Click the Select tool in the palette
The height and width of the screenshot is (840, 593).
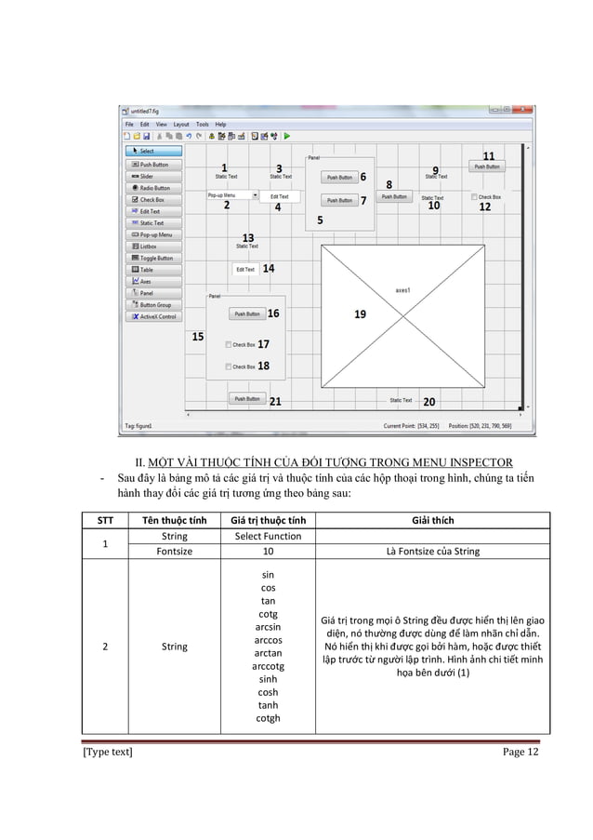click(153, 151)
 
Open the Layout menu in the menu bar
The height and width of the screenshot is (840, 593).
click(181, 124)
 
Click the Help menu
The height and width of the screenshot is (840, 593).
click(221, 124)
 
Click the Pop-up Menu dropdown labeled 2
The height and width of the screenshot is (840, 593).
click(232, 195)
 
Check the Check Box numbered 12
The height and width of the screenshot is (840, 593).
click(474, 197)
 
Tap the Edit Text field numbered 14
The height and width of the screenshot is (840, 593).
click(245, 269)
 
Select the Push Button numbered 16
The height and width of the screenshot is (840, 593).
click(247, 313)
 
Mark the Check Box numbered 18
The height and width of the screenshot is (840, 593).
click(229, 367)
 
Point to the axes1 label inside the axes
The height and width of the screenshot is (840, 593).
click(402, 289)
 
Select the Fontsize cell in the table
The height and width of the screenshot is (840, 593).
click(174, 551)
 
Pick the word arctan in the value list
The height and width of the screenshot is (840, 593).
click(268, 653)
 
